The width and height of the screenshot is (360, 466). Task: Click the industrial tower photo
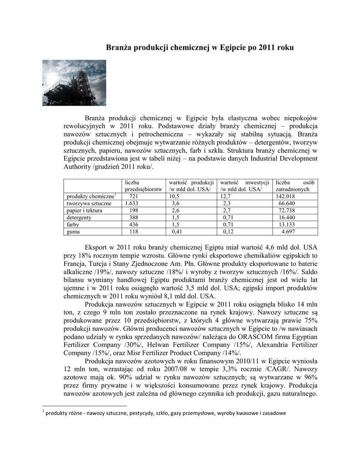(74, 83)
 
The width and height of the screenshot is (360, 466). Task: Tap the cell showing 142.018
(286, 196)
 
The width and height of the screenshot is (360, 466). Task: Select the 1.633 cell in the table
(133, 203)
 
